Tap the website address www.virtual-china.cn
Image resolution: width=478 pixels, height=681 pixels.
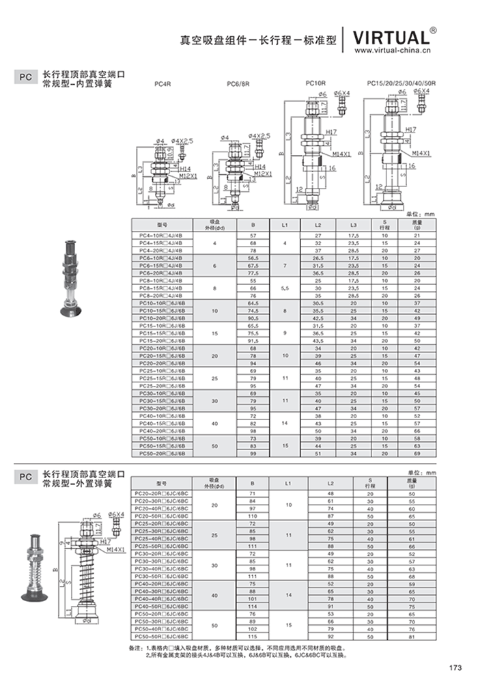click(x=393, y=51)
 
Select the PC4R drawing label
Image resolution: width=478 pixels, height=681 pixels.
click(x=162, y=84)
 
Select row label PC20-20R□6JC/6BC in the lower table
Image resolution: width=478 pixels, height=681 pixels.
click(x=162, y=493)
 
